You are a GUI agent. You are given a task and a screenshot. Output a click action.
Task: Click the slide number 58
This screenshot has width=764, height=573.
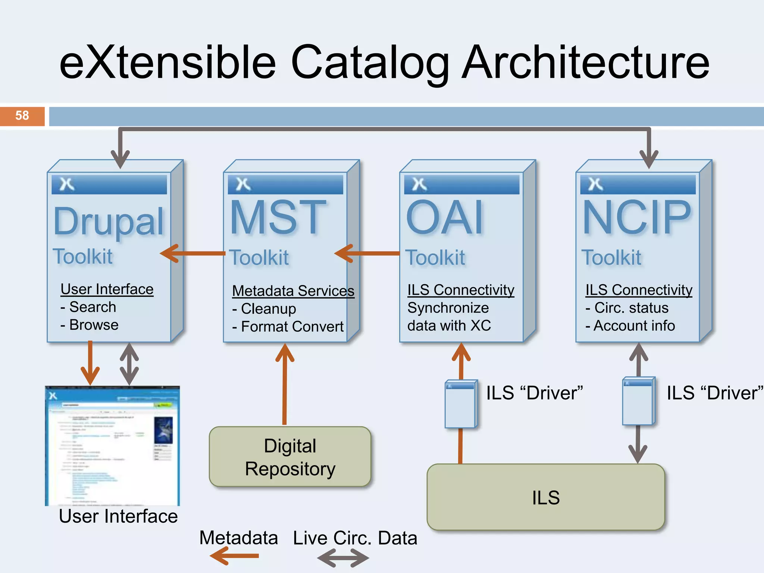[x=22, y=116]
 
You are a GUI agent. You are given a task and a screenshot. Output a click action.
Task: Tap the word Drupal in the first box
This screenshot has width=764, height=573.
[x=109, y=222]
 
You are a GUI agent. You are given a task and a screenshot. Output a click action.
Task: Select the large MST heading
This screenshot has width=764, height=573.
[x=278, y=217]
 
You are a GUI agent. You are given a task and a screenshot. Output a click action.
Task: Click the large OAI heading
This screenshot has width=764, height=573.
[x=445, y=218]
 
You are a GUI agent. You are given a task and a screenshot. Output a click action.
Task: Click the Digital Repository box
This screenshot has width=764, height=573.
[x=290, y=457]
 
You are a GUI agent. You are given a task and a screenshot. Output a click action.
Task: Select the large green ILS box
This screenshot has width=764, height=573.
[x=545, y=497]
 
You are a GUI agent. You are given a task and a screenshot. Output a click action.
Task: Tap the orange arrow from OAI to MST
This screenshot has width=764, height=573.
[x=367, y=254]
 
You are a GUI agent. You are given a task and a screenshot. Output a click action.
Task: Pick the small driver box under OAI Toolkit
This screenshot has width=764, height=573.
[x=461, y=404]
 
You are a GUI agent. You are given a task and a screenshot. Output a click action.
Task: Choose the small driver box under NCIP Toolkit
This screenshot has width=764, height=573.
[x=638, y=401]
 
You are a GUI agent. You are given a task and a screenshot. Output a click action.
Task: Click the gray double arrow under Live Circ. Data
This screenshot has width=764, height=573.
[x=343, y=558]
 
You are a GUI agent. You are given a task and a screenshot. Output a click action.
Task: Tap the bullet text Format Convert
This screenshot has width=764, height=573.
[x=292, y=326]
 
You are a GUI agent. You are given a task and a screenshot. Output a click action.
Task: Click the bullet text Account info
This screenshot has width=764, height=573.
[x=634, y=326]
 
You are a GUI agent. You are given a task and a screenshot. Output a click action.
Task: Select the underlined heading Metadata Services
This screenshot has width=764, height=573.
[x=293, y=291]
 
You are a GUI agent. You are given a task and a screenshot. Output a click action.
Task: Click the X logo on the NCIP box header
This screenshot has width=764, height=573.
[x=595, y=184]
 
